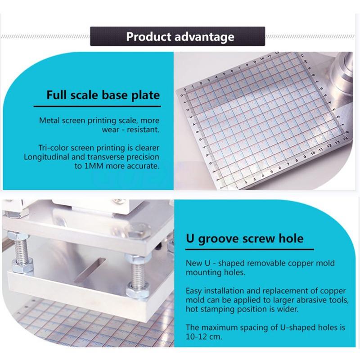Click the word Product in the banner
pyautogui.click(x=148, y=37)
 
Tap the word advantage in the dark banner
pyautogui.click(x=205, y=37)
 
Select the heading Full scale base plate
pyautogui.click(x=103, y=95)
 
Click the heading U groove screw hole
pyautogui.click(x=245, y=239)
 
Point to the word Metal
pyautogui.click(x=49, y=120)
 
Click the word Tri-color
pyautogui.click(x=54, y=148)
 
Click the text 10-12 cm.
pyautogui.click(x=204, y=337)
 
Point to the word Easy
pyautogui.click(x=194, y=291)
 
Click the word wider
pyautogui.click(x=288, y=309)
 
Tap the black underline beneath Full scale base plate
pyautogui.click(x=97, y=106)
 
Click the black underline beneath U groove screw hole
pyautogui.click(x=250, y=249)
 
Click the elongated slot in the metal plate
pyautogui.click(x=90, y=270)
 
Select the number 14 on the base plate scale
pyautogui.click(x=345, y=139)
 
